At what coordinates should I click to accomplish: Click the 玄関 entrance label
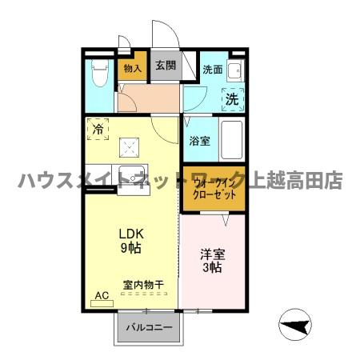click(165, 67)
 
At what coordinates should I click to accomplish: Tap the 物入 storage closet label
click(133, 69)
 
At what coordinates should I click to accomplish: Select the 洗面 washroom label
click(211, 69)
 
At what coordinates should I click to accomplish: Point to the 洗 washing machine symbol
click(231, 100)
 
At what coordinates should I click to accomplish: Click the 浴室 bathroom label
click(200, 141)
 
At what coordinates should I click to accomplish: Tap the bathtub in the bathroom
click(230, 141)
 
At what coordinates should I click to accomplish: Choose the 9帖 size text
click(130, 248)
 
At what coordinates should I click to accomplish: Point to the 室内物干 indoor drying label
click(143, 285)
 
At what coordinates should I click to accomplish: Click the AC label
click(102, 295)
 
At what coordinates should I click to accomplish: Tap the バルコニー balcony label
click(152, 328)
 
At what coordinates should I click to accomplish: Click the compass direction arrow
click(294, 326)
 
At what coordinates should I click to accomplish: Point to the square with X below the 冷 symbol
click(128, 146)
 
